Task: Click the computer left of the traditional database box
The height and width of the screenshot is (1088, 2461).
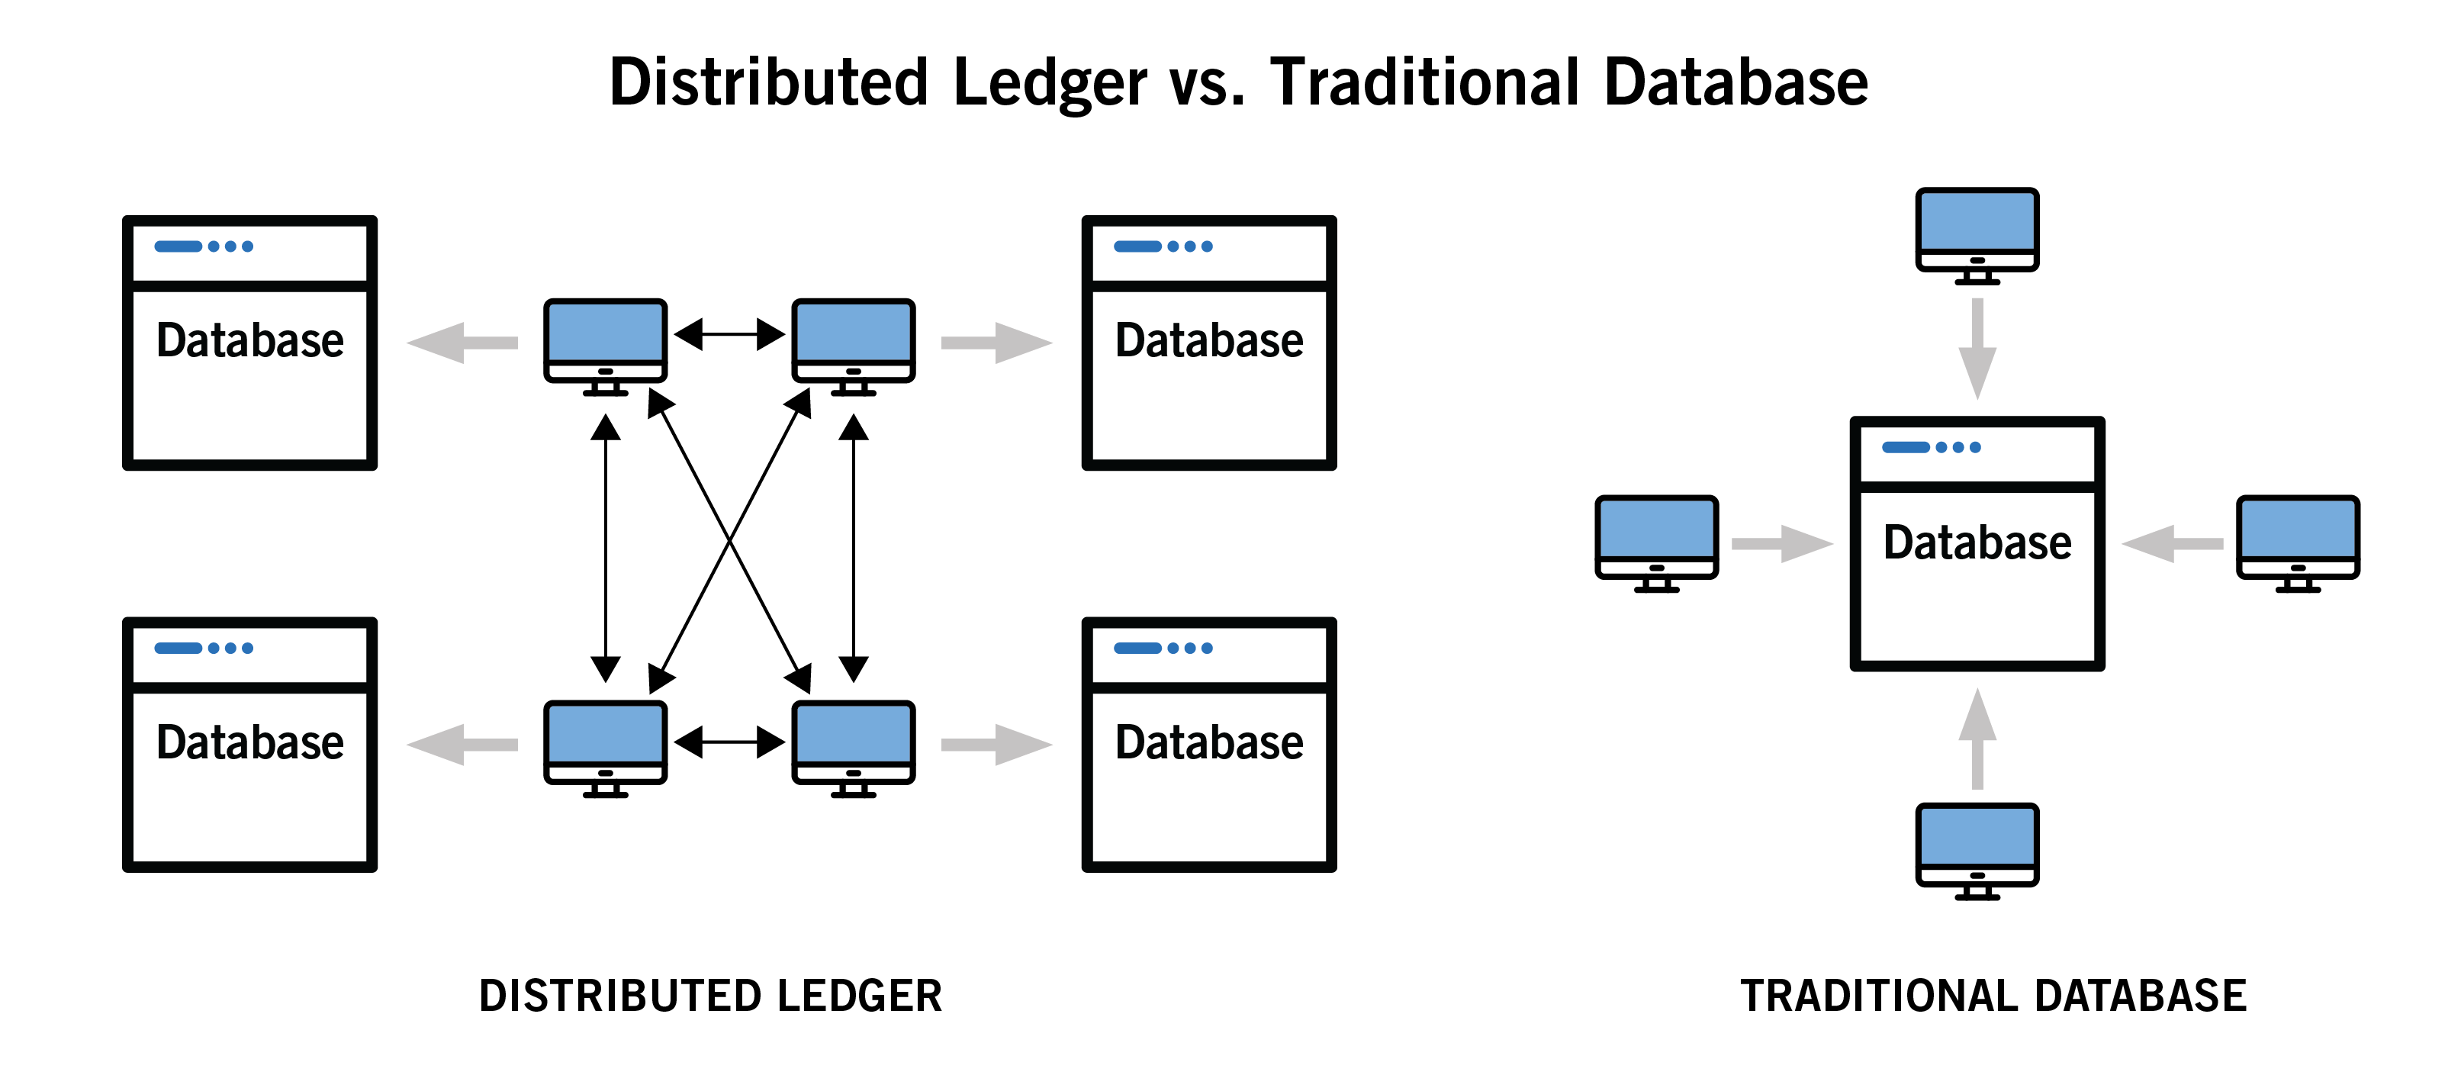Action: click(x=1657, y=539)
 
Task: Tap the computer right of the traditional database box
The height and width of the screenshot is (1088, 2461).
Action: click(x=2298, y=539)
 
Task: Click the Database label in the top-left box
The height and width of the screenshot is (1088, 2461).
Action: click(x=249, y=341)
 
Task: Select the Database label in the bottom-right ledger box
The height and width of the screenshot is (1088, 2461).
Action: click(x=1208, y=743)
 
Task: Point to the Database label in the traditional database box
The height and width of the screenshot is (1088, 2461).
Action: click(x=1977, y=542)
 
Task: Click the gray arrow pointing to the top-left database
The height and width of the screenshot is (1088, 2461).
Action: click(x=462, y=343)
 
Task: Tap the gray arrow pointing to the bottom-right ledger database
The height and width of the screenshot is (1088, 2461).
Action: click(x=996, y=744)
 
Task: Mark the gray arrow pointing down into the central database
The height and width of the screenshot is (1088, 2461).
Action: click(x=1977, y=348)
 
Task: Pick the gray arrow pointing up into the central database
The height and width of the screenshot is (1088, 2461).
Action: click(x=1977, y=739)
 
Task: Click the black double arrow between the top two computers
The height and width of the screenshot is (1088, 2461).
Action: click(x=729, y=334)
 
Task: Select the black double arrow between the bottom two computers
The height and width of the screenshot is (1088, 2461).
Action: click(x=729, y=742)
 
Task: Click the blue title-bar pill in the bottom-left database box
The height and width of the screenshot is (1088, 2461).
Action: click(x=178, y=649)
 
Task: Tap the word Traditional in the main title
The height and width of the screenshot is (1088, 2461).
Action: click(x=1424, y=82)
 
